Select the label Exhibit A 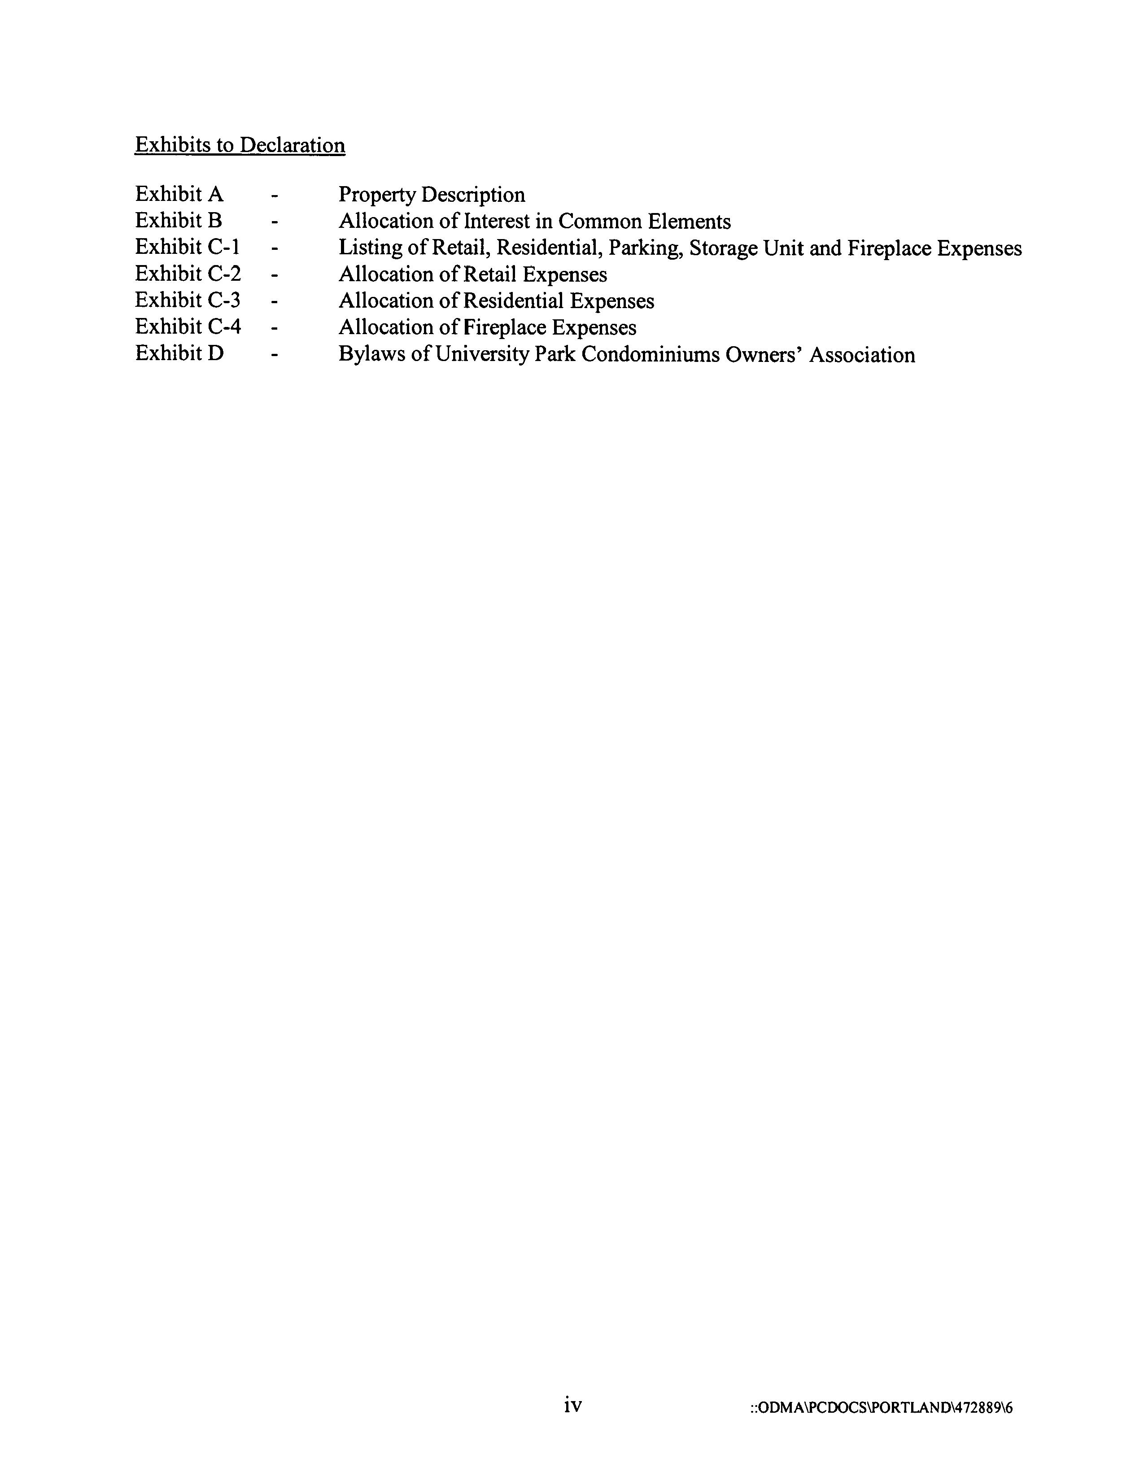pyautogui.click(x=179, y=195)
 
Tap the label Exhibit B pyautogui.click(x=178, y=221)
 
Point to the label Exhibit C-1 pyautogui.click(x=187, y=248)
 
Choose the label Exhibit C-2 pyautogui.click(x=188, y=274)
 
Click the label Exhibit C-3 pyautogui.click(x=188, y=300)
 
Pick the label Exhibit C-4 pyautogui.click(x=188, y=326)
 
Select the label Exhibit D pyautogui.click(x=179, y=353)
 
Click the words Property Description pyautogui.click(x=432, y=195)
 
